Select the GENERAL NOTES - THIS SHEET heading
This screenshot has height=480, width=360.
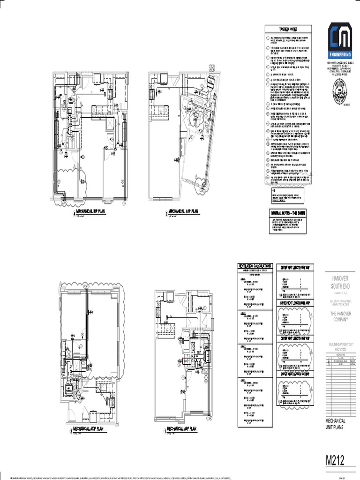287,213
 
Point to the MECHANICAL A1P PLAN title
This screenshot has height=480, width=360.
183,212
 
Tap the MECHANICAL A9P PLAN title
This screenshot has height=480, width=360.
181,428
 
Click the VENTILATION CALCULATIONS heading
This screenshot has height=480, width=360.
255,266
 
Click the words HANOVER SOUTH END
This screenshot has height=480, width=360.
340,282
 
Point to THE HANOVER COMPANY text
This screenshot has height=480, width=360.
340,316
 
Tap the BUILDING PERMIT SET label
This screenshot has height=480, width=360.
340,345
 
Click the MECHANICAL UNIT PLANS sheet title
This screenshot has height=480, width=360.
336,424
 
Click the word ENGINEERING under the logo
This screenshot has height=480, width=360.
340,54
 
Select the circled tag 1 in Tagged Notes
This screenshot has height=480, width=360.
268,37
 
